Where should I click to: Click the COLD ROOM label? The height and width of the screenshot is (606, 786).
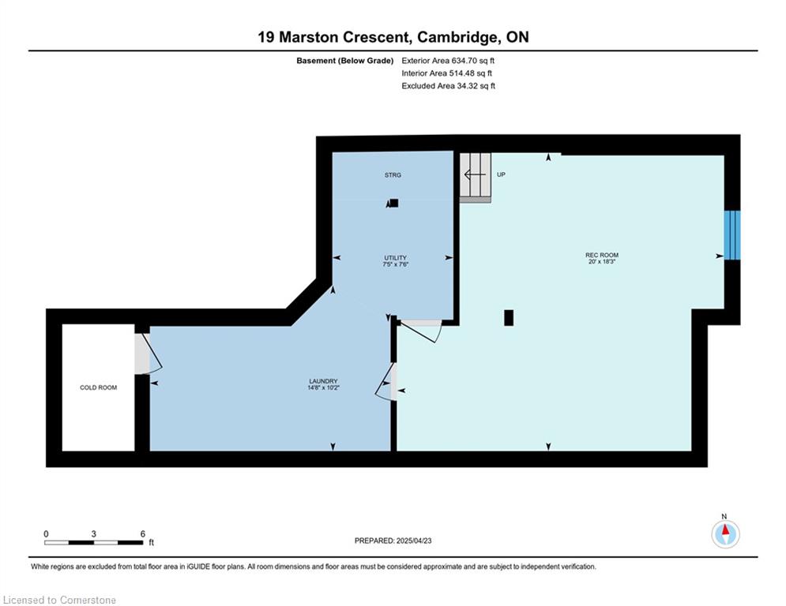pyautogui.click(x=98, y=387)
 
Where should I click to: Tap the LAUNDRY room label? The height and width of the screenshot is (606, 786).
pyautogui.click(x=323, y=381)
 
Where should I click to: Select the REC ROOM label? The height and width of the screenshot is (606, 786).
pyautogui.click(x=601, y=255)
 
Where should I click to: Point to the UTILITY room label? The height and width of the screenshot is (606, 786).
pyautogui.click(x=396, y=258)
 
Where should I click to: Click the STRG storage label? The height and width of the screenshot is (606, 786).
pyautogui.click(x=393, y=175)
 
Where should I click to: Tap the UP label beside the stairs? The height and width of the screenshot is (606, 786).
pyautogui.click(x=501, y=174)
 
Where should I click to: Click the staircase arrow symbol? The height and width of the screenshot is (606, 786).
pyautogui.click(x=475, y=175)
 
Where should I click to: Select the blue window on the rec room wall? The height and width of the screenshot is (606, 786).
pyautogui.click(x=731, y=235)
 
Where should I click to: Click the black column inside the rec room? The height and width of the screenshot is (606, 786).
pyautogui.click(x=509, y=318)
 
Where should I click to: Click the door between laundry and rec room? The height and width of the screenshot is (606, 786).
pyautogui.click(x=386, y=382)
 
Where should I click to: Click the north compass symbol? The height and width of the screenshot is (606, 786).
pyautogui.click(x=725, y=533)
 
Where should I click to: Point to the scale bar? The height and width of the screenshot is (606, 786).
pyautogui.click(x=94, y=542)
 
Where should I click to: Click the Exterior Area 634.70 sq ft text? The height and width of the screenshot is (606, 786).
pyautogui.click(x=448, y=61)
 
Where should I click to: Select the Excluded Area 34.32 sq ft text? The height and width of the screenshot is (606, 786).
pyautogui.click(x=449, y=86)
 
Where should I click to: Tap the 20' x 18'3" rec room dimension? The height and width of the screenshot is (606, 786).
pyautogui.click(x=601, y=261)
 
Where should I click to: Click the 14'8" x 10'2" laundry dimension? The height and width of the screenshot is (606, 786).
pyautogui.click(x=323, y=387)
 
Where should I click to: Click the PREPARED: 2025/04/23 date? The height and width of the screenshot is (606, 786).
pyautogui.click(x=393, y=541)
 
